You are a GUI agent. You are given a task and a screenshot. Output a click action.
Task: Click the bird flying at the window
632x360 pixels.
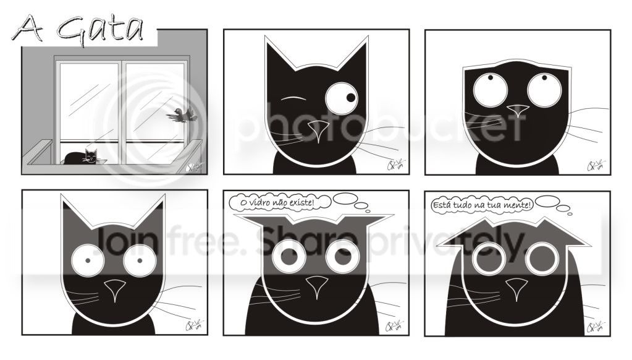182,115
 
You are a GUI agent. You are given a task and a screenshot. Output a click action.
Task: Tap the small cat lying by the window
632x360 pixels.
82,157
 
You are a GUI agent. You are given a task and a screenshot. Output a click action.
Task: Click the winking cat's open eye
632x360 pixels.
342,98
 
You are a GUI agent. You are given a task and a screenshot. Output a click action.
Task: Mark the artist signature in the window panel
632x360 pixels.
194,167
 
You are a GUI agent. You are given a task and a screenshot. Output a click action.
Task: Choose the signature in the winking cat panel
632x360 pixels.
395,165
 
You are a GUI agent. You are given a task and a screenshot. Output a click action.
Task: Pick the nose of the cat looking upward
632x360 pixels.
518,111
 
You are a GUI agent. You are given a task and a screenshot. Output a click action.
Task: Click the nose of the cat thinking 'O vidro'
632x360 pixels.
316,286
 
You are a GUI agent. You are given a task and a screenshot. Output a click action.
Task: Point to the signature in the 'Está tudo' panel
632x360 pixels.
596,327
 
